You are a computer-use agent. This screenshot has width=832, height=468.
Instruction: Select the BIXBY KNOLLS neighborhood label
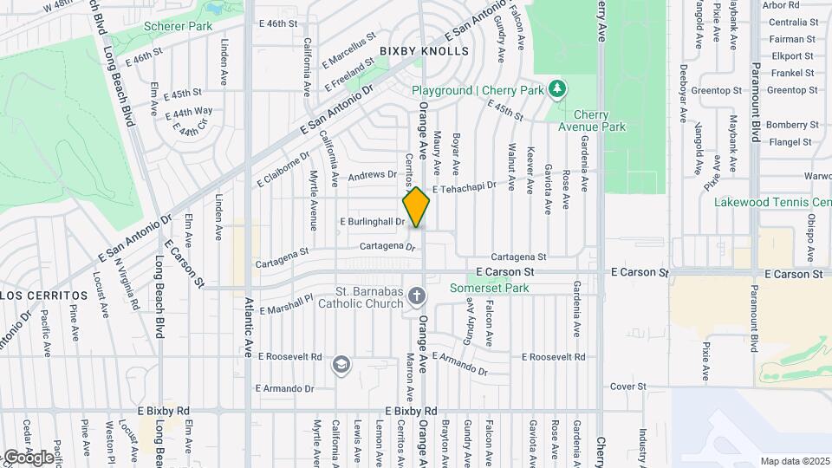(x=424, y=51)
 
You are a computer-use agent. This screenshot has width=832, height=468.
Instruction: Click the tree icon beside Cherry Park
(x=557, y=90)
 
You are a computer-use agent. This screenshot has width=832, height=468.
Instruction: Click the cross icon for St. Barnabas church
(x=417, y=297)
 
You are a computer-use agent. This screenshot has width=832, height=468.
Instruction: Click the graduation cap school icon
(x=341, y=364)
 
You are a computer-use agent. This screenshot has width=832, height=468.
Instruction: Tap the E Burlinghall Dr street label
(x=370, y=222)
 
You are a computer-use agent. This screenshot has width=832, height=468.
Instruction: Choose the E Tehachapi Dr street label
(x=464, y=187)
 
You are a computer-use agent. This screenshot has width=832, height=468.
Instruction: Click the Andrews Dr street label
(x=372, y=176)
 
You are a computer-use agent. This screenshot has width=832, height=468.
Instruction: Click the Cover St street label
(x=628, y=387)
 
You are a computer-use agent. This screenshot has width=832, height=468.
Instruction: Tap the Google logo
(x=28, y=457)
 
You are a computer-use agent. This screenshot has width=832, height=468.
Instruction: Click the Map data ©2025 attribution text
(x=793, y=461)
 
